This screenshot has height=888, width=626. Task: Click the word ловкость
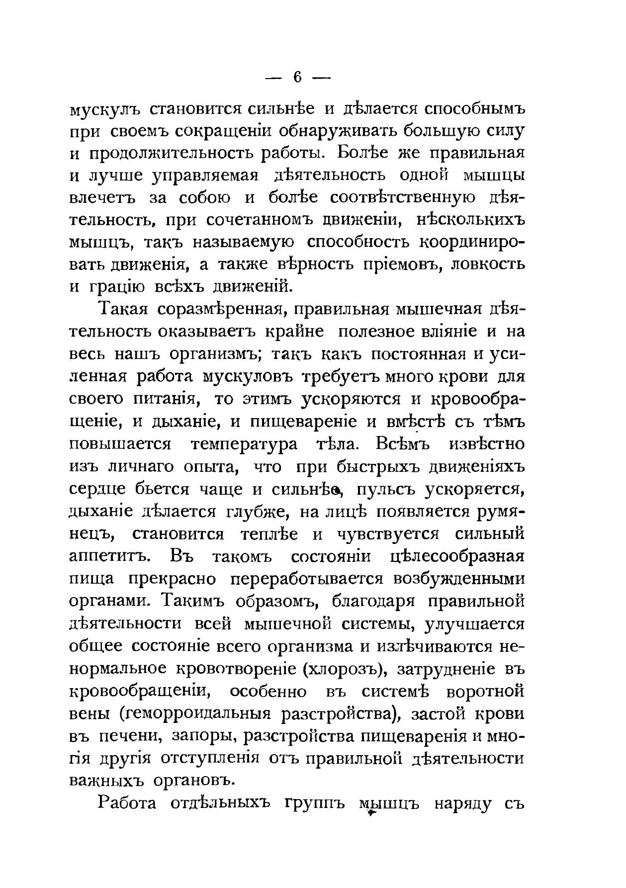click(x=487, y=263)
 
